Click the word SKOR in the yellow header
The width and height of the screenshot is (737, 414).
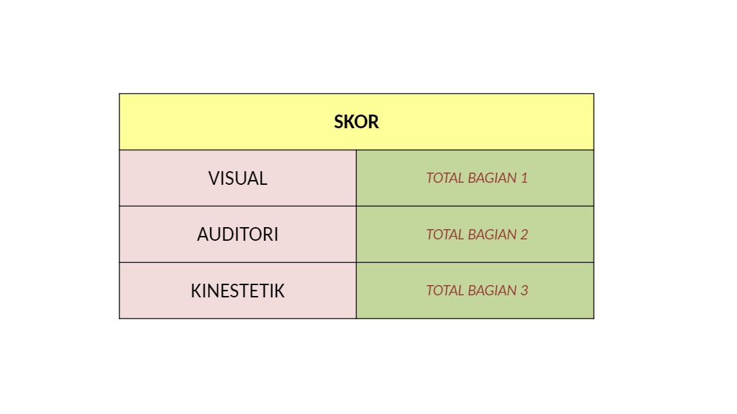(x=356, y=122)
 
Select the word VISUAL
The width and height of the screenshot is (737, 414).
(x=238, y=179)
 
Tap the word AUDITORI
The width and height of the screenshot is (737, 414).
(x=238, y=235)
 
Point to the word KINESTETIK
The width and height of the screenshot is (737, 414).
(x=238, y=291)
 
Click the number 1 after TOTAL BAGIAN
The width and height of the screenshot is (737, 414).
(x=524, y=178)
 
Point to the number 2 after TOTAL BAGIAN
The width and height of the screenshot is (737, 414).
(x=524, y=235)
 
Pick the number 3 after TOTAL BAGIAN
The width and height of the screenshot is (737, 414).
(x=524, y=291)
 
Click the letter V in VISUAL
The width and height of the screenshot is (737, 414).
(x=214, y=179)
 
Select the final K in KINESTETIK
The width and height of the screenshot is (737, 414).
(x=280, y=291)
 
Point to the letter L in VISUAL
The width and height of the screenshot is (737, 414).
(x=263, y=179)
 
